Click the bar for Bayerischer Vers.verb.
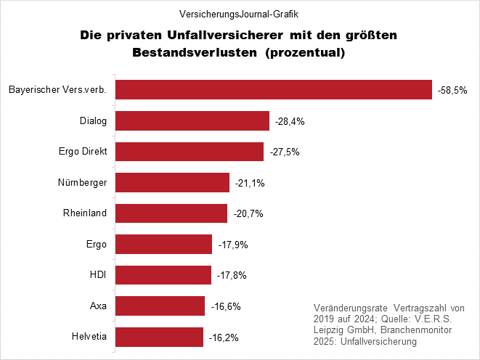pyautogui.click(x=274, y=89)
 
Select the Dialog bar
pyautogui.click(x=192, y=120)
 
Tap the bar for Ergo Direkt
pyautogui.click(x=190, y=152)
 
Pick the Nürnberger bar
pyautogui.click(x=172, y=182)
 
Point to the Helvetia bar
pyautogui.click(x=159, y=337)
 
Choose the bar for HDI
pyautogui.click(x=163, y=275)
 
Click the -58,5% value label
pyautogui.click(x=452, y=90)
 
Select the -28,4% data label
pyautogui.click(x=289, y=121)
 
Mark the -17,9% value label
pyautogui.click(x=233, y=245)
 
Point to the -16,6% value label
pyautogui.click(x=225, y=306)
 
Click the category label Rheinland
pyautogui.click(x=86, y=213)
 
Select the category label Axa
pyautogui.click(x=98, y=306)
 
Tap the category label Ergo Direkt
pyautogui.click(x=82, y=152)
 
